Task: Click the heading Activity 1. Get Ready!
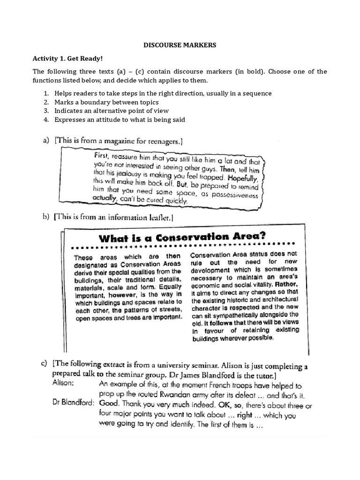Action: [67, 59]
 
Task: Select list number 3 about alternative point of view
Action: [112, 111]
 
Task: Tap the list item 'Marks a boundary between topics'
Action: [106, 102]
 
